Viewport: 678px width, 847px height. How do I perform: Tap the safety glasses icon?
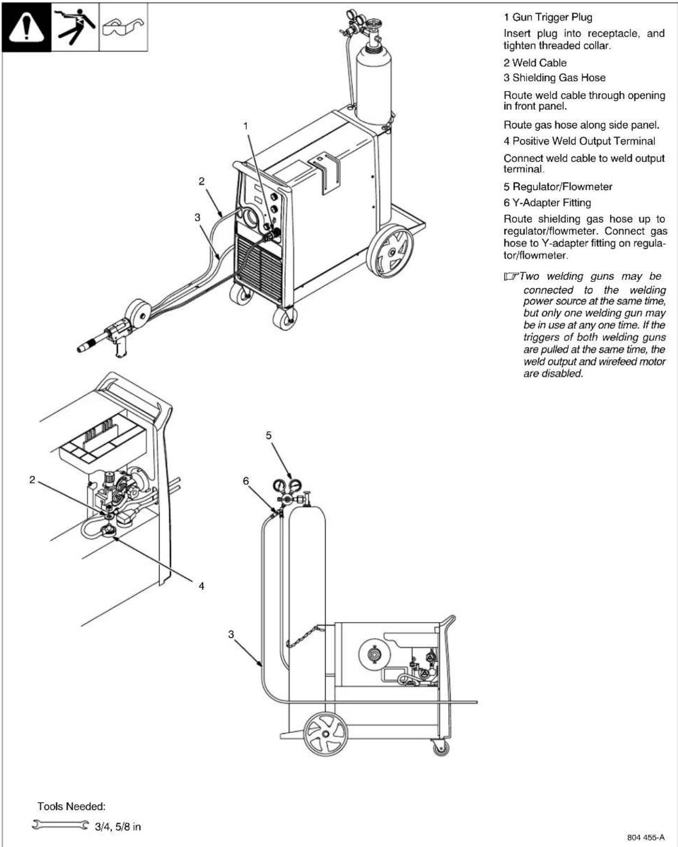click(123, 26)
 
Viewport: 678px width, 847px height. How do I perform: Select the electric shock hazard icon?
click(75, 26)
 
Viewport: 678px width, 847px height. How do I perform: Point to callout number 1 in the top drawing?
click(246, 126)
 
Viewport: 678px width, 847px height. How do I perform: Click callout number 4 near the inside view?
click(202, 586)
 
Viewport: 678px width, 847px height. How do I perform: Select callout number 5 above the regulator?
click(269, 435)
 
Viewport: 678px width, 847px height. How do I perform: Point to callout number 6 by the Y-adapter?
click(246, 481)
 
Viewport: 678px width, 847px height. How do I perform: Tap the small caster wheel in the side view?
click(440, 748)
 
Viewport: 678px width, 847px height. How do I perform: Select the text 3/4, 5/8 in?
click(118, 826)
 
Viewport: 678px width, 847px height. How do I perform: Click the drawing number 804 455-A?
click(645, 837)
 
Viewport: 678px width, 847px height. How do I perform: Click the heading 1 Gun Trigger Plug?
click(548, 17)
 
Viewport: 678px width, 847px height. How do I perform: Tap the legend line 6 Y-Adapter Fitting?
click(547, 203)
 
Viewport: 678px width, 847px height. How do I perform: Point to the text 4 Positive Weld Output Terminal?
click(579, 141)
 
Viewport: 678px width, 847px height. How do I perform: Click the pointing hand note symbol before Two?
click(511, 277)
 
